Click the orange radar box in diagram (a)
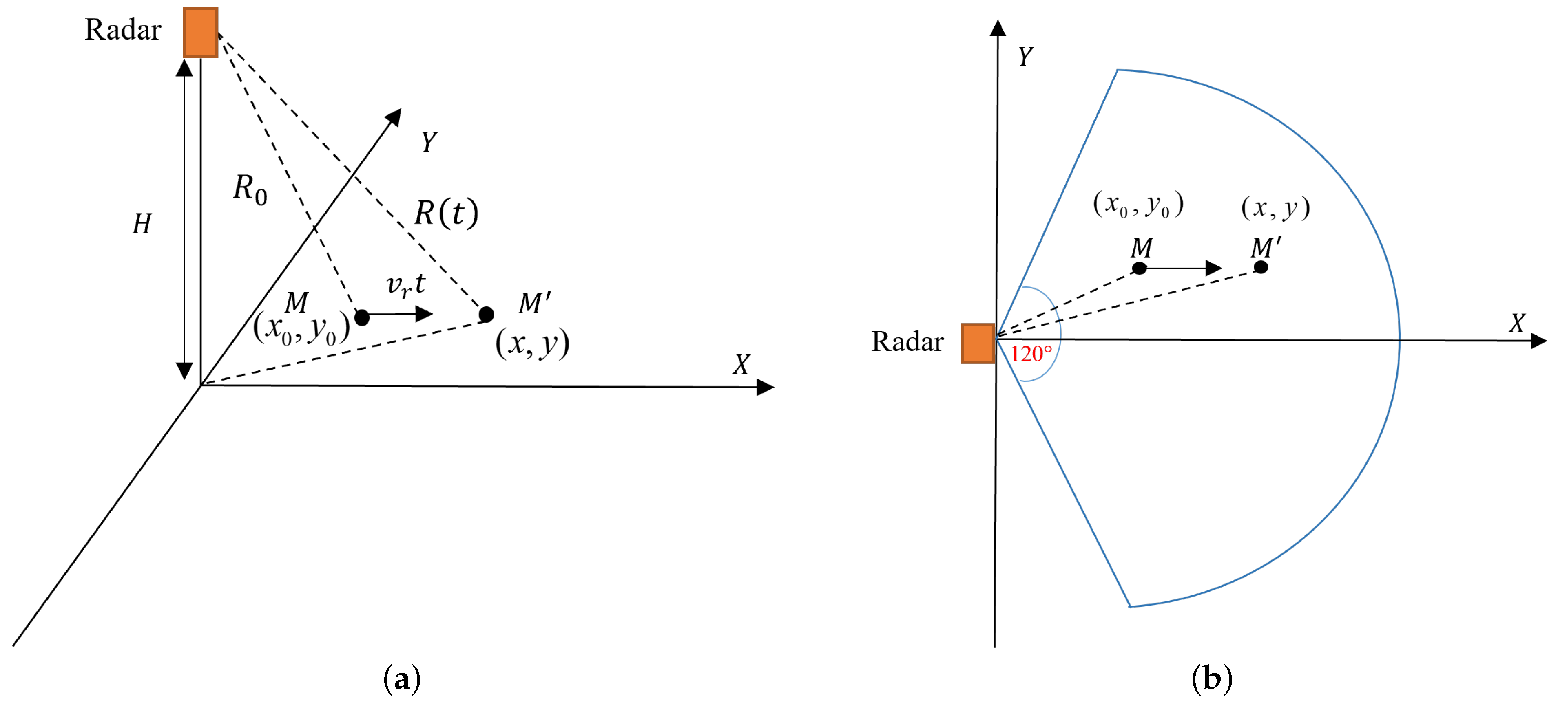click(200, 33)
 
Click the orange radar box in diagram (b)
click(977, 343)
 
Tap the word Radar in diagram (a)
click(123, 30)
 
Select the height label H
click(142, 224)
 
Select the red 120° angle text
click(1031, 354)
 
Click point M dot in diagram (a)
click(362, 317)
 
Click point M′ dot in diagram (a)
click(486, 314)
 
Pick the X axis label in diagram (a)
click(741, 364)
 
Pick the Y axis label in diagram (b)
click(1025, 57)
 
